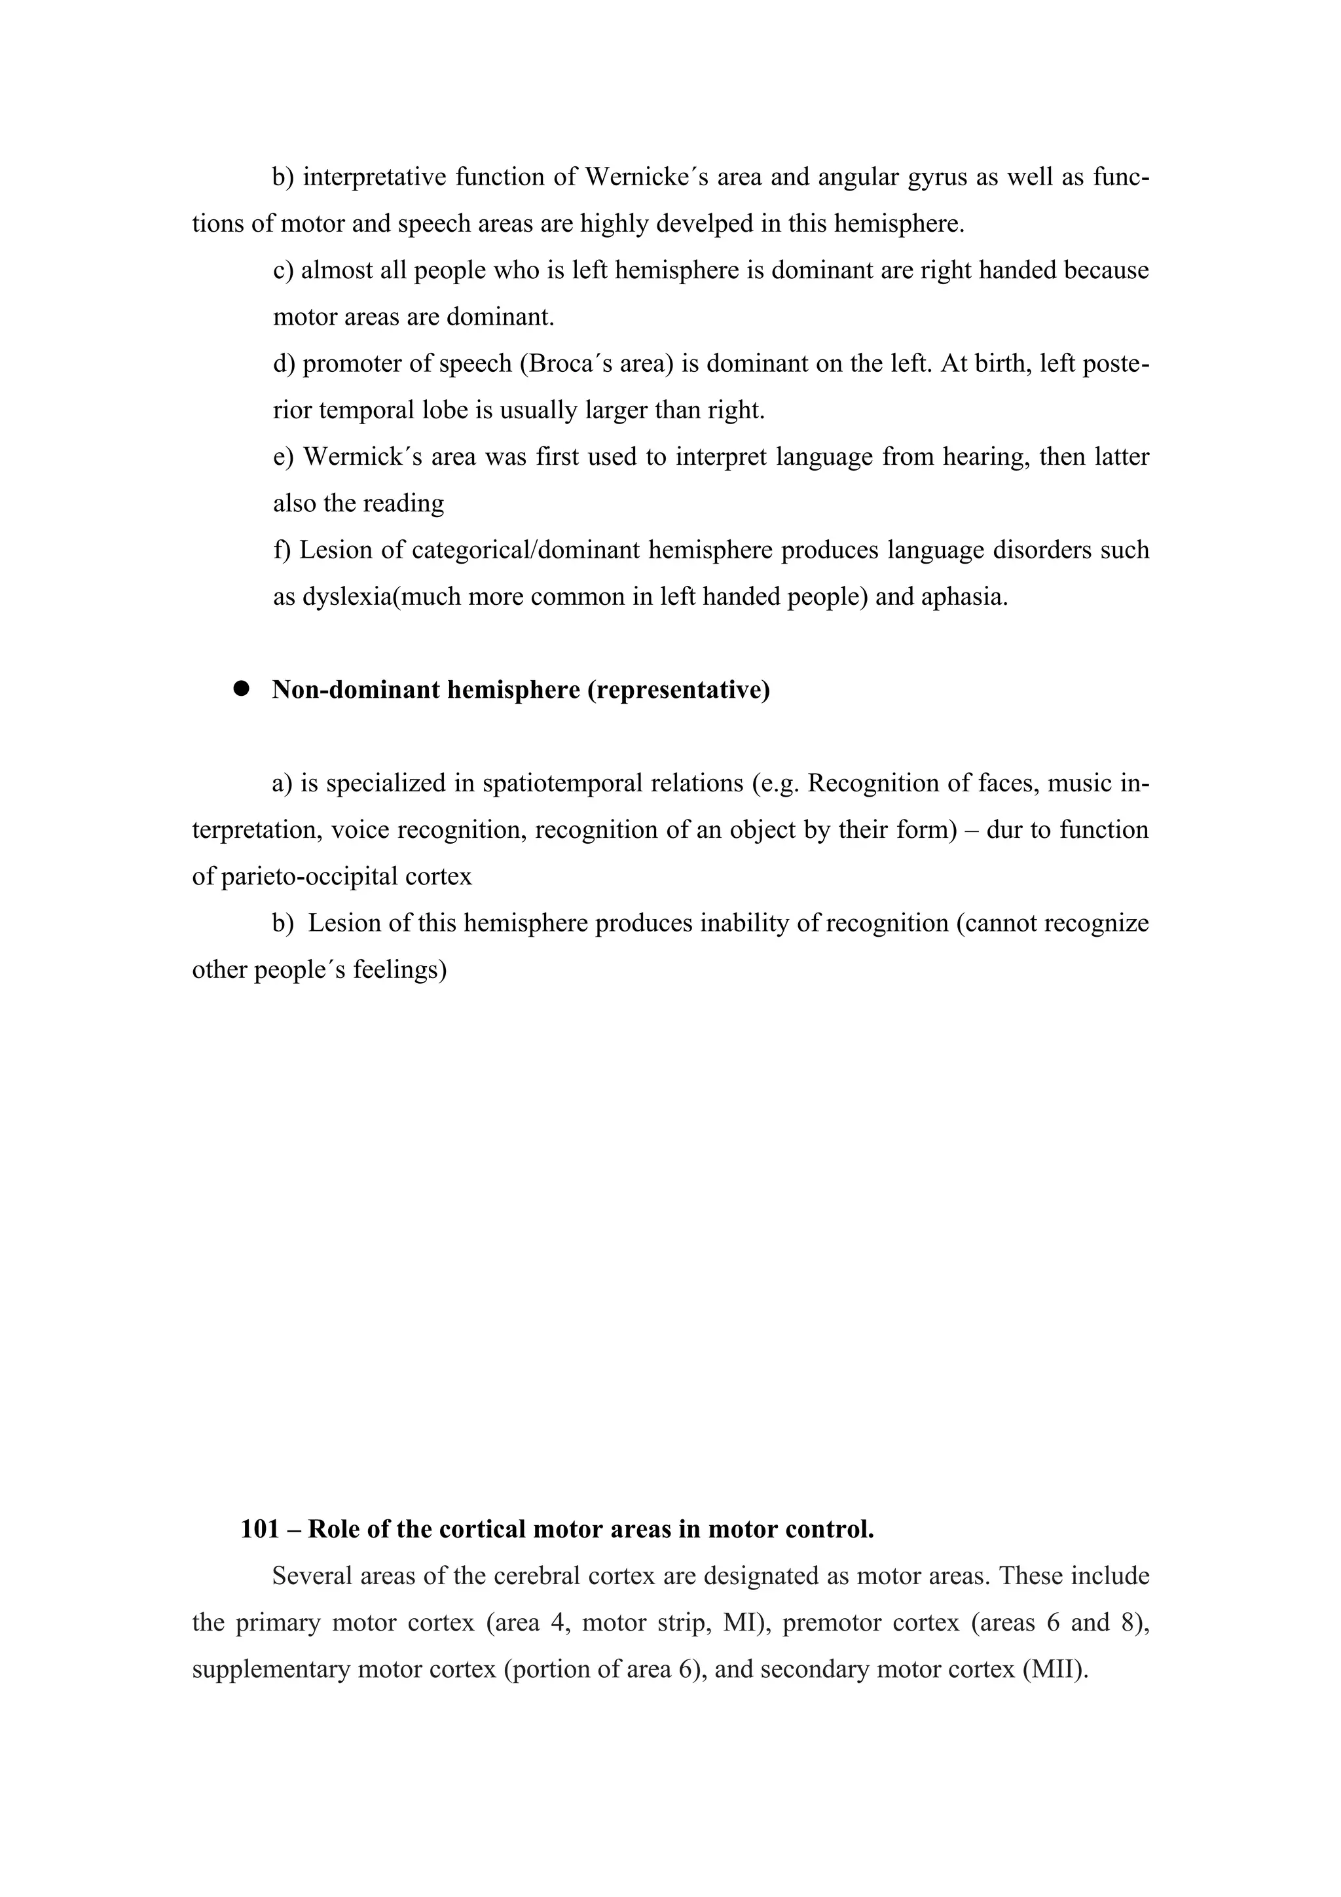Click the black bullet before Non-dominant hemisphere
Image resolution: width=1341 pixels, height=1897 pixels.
click(241, 689)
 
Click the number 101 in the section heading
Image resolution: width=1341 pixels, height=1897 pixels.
click(259, 1529)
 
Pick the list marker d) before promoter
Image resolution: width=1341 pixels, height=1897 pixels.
click(284, 363)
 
